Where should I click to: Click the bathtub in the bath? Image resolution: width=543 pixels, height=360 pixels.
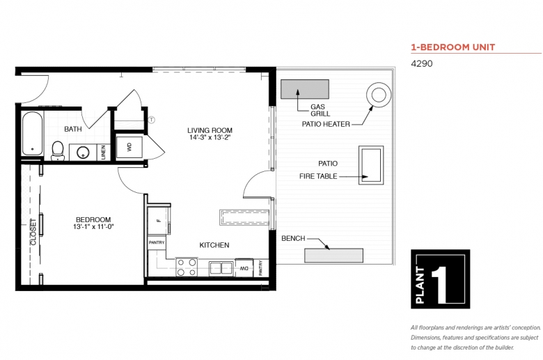(32, 134)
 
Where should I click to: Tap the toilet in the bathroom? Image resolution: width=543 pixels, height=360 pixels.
(58, 150)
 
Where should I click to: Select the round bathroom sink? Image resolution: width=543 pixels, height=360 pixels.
(83, 152)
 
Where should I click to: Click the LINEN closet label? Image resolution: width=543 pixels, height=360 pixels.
(103, 152)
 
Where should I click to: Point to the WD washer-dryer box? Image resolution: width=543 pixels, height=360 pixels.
(129, 147)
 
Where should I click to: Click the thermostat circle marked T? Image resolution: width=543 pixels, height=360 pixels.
(151, 120)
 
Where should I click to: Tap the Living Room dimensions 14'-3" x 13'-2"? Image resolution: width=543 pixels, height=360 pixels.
(210, 138)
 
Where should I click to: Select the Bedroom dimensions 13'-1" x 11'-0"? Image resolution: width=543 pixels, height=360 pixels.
(93, 227)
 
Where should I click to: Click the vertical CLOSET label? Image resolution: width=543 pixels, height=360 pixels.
(33, 232)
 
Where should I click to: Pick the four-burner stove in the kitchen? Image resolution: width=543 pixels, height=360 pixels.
(187, 267)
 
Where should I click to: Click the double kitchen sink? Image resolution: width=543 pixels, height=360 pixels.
(221, 268)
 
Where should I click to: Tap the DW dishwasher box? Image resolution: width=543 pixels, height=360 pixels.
(244, 268)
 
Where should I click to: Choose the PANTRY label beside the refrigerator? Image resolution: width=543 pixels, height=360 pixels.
(157, 242)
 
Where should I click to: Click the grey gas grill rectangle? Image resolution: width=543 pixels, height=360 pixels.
(305, 89)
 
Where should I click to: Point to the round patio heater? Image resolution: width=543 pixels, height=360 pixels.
(379, 95)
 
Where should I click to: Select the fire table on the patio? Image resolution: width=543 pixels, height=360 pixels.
(371, 165)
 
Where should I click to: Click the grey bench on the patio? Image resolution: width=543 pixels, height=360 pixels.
(334, 256)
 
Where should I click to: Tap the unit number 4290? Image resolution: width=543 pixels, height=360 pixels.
(422, 64)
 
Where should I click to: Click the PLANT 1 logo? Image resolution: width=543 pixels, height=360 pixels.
(441, 279)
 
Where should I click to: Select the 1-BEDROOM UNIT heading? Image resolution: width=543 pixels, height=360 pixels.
(453, 47)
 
